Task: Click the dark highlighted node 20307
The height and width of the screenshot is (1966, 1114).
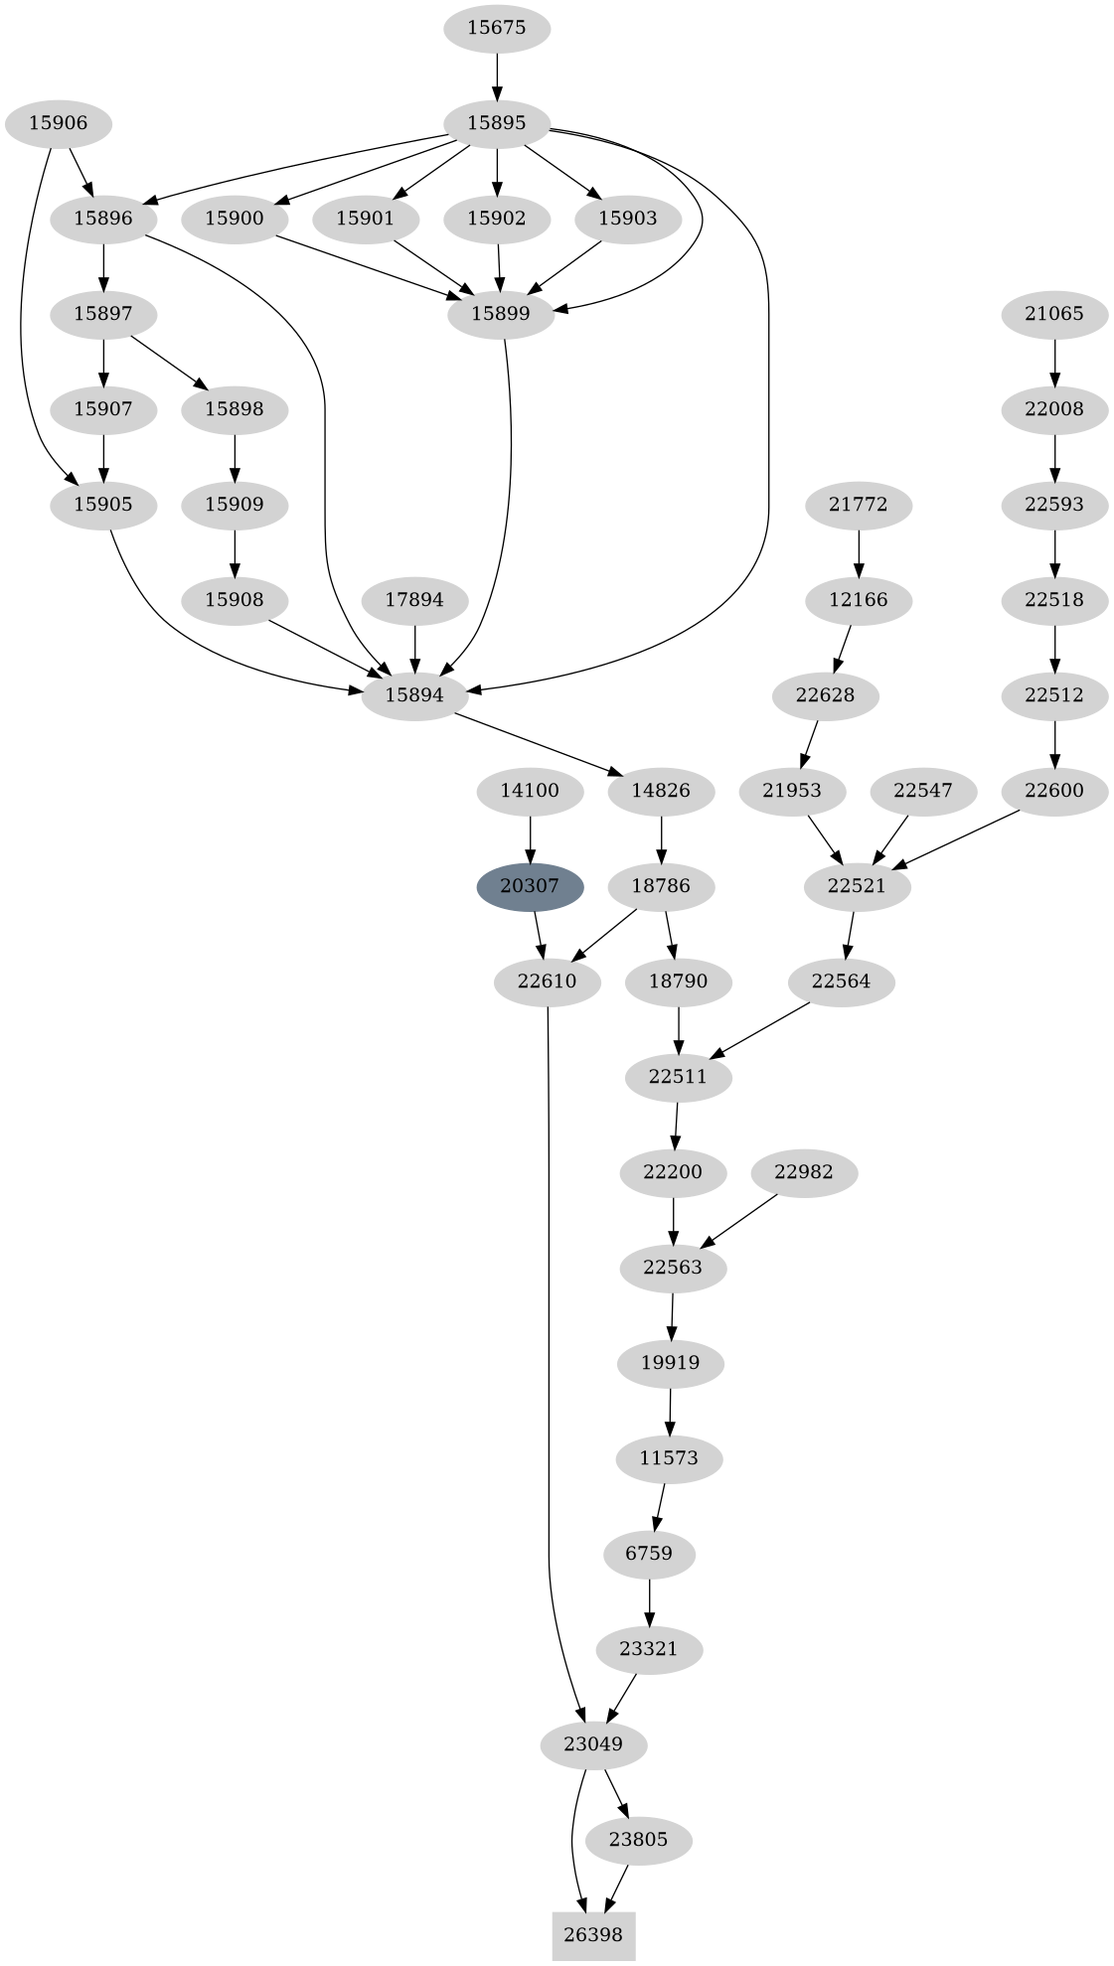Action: (x=530, y=886)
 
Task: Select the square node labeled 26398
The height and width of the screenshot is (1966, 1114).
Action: (x=593, y=1934)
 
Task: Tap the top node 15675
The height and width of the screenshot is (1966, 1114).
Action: (x=496, y=28)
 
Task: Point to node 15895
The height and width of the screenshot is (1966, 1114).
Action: (x=496, y=123)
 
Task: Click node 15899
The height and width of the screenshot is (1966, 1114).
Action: (x=501, y=314)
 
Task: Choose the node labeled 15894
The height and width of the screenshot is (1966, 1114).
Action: (x=414, y=695)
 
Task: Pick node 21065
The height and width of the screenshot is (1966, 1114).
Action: (x=1054, y=314)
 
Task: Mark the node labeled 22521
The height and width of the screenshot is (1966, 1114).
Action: (x=857, y=886)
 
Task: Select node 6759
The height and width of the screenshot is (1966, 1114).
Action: (x=650, y=1554)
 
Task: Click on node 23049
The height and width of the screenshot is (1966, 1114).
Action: (x=593, y=1744)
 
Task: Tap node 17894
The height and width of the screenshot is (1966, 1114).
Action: (x=414, y=600)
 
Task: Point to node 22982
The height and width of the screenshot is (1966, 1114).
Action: (x=803, y=1172)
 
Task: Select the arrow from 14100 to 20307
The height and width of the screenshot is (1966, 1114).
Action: (x=530, y=838)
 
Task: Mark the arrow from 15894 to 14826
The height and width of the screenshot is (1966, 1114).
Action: (x=537, y=743)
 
